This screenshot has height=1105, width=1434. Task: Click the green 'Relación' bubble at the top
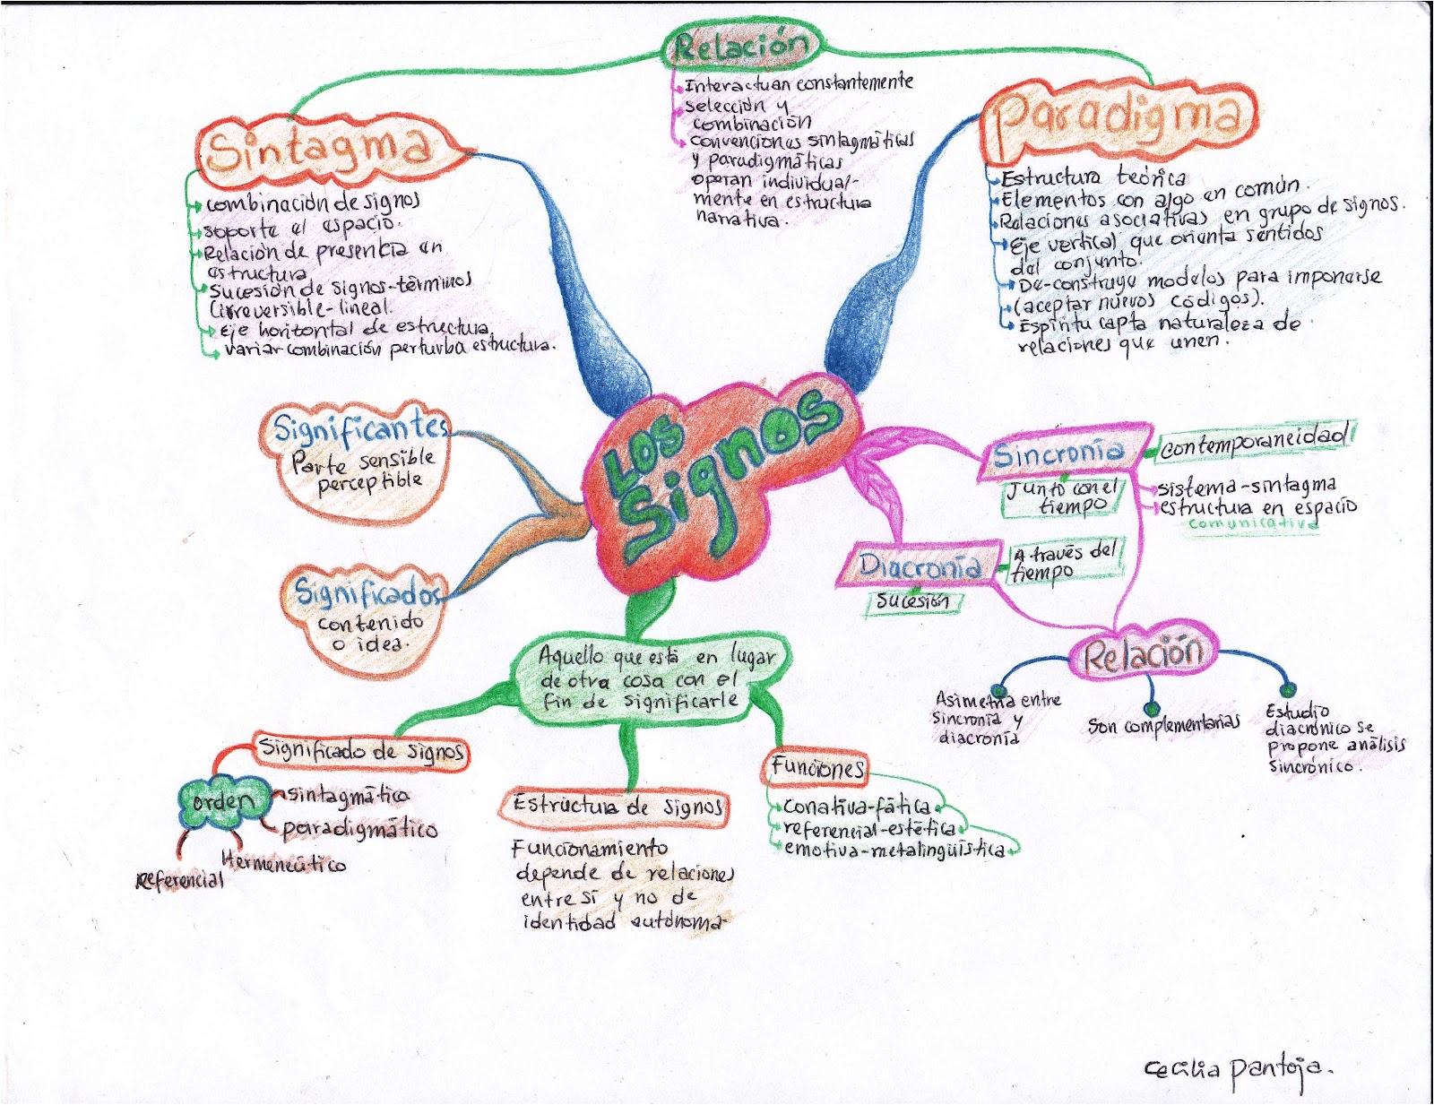coord(740,45)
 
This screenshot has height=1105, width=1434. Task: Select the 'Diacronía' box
coord(920,565)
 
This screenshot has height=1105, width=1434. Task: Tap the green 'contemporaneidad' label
coord(1253,441)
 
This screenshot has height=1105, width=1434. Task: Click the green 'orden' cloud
coord(222,799)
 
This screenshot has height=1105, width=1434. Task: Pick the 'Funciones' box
coord(817,767)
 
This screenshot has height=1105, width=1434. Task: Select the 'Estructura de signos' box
coord(617,806)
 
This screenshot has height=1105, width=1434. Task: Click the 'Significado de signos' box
coord(361,749)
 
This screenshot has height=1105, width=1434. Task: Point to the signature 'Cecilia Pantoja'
coord(1237,1068)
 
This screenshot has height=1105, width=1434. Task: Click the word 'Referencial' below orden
coord(179,880)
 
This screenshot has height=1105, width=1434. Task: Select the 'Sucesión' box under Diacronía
coord(912,601)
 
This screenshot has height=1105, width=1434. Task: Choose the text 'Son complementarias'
coord(1163,724)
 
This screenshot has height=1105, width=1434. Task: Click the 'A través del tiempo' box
coord(1065,562)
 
